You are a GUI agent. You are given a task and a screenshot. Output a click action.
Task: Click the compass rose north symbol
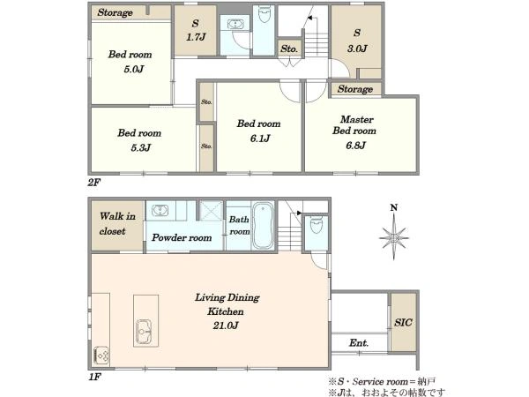[x=394, y=233]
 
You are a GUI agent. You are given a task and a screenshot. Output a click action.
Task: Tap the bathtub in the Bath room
[x=264, y=226]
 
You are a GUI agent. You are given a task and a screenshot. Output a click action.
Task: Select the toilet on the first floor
[x=317, y=224]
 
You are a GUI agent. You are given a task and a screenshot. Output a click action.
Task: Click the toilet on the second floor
[x=264, y=13]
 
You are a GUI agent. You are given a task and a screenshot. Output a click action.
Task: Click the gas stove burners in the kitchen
[x=101, y=356]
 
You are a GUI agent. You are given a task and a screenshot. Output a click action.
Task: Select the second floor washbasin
[x=235, y=25]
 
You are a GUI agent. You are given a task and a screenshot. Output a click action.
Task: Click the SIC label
[x=403, y=322]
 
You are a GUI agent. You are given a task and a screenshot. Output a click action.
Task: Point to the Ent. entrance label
[x=359, y=343]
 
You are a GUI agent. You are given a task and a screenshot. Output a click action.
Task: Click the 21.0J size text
[x=226, y=326]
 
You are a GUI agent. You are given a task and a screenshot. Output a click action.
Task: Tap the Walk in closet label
[x=117, y=223]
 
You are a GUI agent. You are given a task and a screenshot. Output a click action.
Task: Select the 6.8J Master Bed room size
[x=355, y=146]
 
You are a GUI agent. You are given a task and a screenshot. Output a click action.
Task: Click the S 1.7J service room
[x=196, y=30]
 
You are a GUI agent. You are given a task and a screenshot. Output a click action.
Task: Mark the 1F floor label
[x=95, y=377]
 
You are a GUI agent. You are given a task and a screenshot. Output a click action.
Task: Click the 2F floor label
[x=94, y=183]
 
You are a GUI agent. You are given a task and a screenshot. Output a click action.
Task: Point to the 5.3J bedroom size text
[x=140, y=147]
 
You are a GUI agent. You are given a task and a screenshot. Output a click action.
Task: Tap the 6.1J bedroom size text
[x=260, y=139]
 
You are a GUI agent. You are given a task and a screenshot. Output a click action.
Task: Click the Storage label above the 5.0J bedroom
[x=115, y=13]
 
